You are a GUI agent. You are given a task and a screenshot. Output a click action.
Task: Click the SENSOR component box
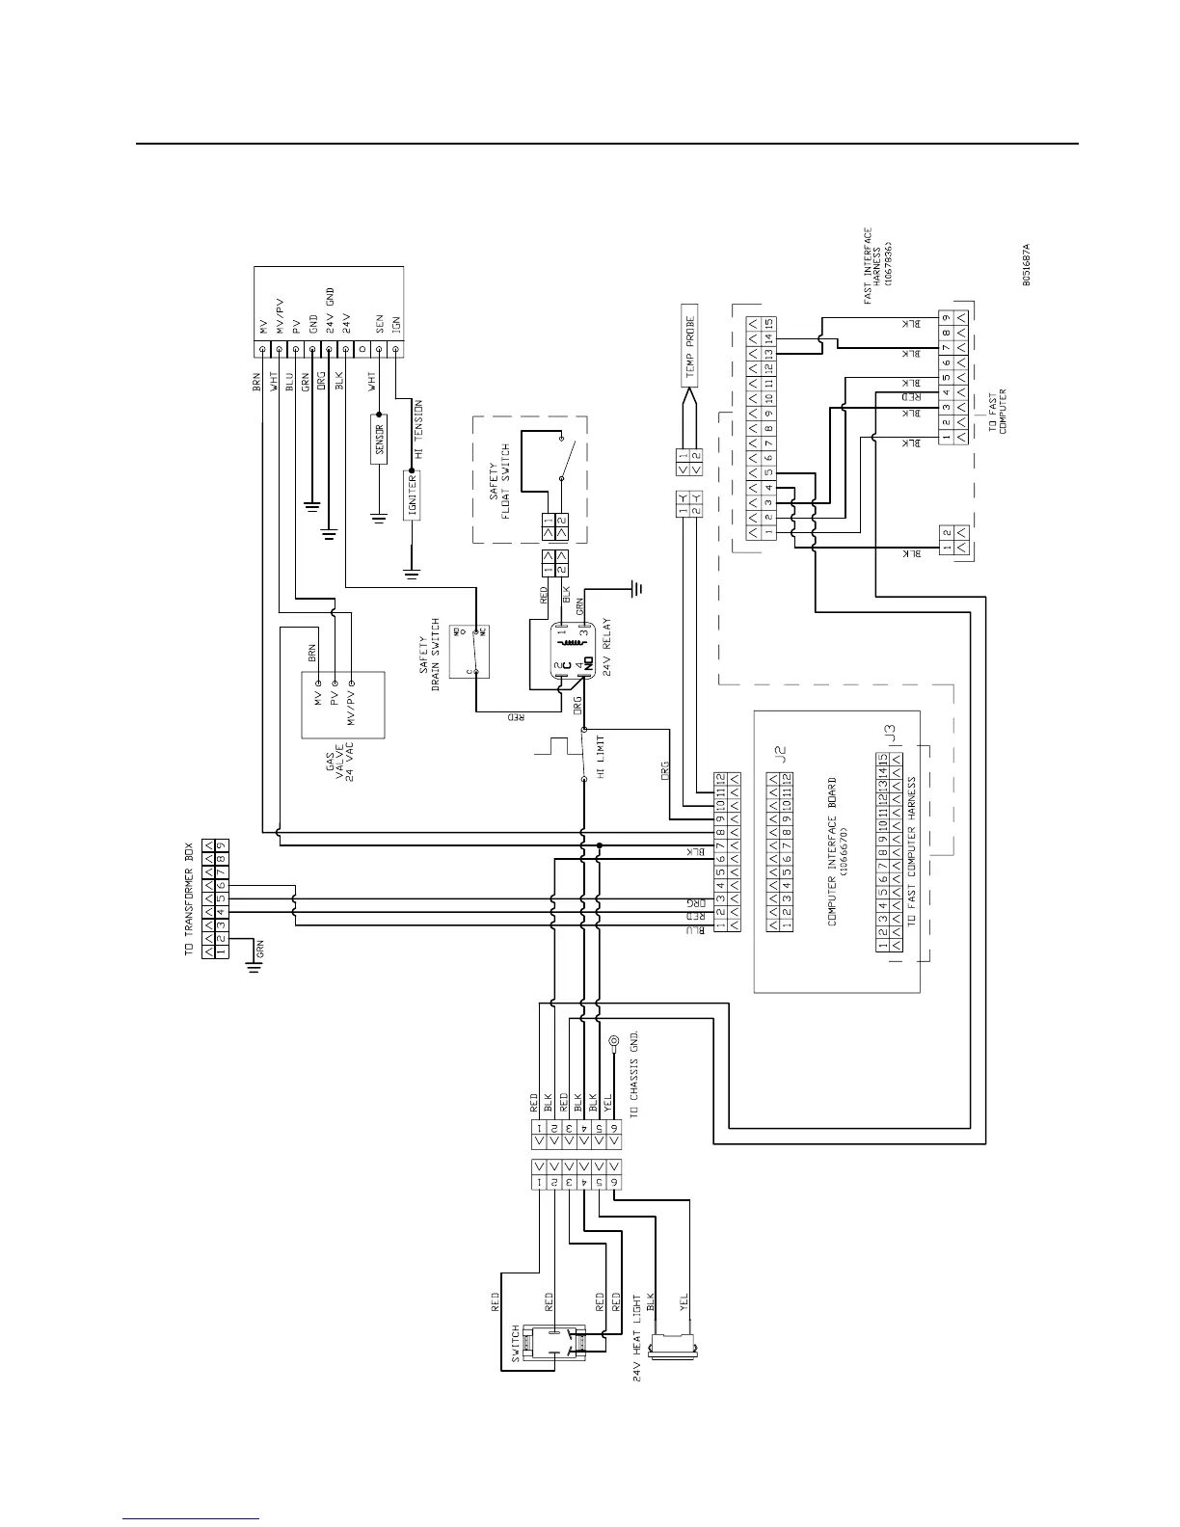[379, 440]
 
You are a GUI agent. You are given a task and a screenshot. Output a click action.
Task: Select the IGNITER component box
[412, 496]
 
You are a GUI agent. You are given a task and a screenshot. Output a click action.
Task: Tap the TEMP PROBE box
[690, 347]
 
